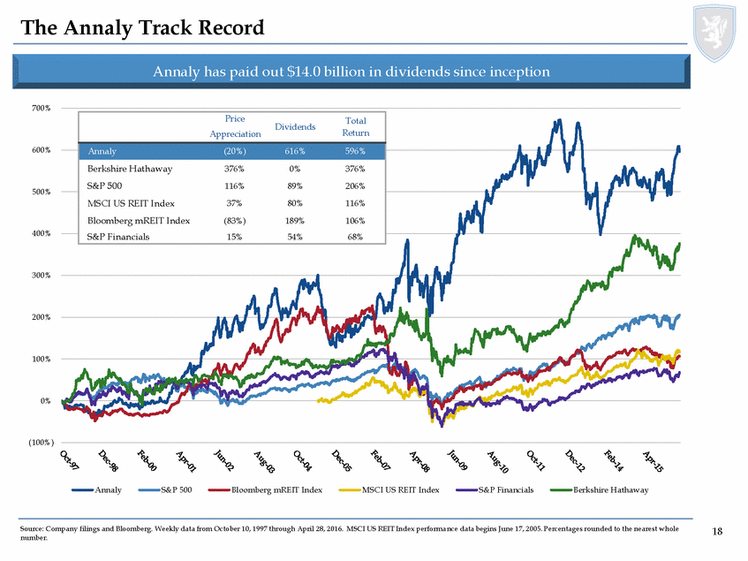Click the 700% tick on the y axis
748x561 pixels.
[x=42, y=108]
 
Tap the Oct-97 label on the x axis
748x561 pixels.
[x=70, y=460]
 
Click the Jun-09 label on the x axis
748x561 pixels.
[x=458, y=460]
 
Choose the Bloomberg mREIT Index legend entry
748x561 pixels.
[x=271, y=489]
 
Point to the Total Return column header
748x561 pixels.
[x=356, y=126]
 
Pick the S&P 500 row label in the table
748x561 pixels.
[x=104, y=186]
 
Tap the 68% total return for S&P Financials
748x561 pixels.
[x=356, y=238]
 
